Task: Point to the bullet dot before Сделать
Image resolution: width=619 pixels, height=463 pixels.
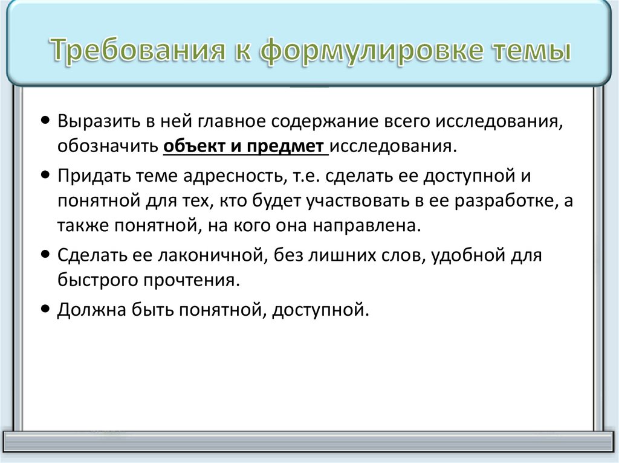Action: coord(47,255)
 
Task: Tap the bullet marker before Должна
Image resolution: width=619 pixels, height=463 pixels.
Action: coord(47,310)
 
